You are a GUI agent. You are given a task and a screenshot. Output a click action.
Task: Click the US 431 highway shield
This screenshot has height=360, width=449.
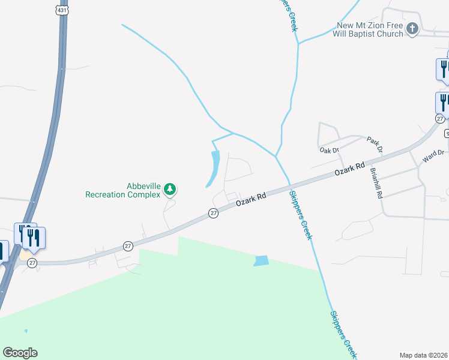(62, 10)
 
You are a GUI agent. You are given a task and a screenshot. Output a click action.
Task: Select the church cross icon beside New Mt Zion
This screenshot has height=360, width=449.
(412, 28)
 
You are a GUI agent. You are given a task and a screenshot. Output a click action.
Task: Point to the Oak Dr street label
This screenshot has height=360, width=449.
(330, 150)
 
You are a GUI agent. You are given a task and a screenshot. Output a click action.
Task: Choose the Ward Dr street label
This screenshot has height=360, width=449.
(433, 156)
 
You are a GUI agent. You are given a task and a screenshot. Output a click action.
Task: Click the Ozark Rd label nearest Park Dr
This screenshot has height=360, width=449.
(350, 169)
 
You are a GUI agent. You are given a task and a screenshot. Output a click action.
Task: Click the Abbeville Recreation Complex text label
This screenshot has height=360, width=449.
(123, 190)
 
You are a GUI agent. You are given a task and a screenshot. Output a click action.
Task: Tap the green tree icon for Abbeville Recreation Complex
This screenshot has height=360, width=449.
(170, 190)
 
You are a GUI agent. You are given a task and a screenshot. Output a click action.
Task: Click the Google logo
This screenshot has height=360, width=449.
(20, 353)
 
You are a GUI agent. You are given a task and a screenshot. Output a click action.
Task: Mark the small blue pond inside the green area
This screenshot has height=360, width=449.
(261, 261)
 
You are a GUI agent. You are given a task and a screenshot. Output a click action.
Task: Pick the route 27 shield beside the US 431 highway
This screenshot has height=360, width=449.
(32, 263)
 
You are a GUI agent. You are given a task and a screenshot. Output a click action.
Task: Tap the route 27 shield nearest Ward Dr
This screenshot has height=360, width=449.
(439, 119)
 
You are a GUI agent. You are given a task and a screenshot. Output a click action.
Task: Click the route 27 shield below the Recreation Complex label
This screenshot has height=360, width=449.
(213, 213)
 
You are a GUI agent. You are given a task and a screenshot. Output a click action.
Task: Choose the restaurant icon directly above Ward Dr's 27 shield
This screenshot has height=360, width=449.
(443, 101)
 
